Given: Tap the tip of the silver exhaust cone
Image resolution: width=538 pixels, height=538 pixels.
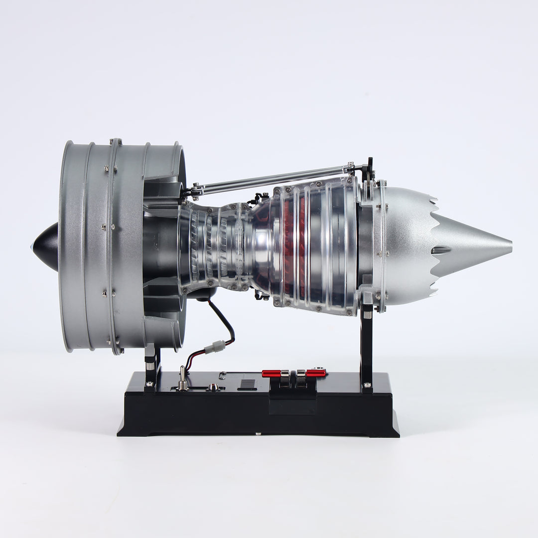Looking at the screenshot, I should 509,245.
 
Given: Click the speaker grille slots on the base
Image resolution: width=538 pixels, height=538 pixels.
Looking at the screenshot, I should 247,385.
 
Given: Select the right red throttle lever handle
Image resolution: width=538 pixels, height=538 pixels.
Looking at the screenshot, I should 315,373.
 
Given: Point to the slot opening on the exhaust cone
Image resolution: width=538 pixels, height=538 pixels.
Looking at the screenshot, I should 441,250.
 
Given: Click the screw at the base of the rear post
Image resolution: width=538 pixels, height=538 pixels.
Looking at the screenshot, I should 367,385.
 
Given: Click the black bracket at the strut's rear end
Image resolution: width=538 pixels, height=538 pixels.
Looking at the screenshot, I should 369,169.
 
